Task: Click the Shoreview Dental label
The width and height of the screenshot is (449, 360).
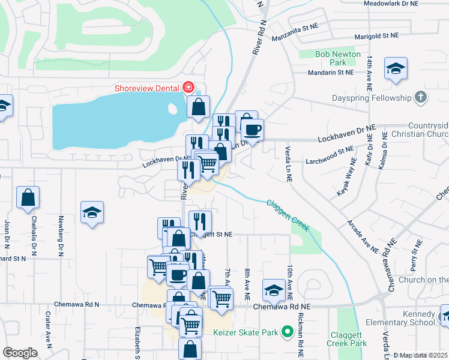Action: [x=148, y=88]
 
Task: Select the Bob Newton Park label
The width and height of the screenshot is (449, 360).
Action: [x=339, y=58]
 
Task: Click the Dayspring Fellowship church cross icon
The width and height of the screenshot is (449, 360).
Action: [x=421, y=97]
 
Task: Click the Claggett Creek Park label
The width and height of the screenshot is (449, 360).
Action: [x=346, y=340]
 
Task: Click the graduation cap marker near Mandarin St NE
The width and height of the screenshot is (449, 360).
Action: [x=396, y=68]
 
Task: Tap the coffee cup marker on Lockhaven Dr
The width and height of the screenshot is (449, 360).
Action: [x=252, y=129]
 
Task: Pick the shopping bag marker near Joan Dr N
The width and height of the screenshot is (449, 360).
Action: [x=28, y=197]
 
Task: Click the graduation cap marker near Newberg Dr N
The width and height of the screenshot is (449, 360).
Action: [x=92, y=212]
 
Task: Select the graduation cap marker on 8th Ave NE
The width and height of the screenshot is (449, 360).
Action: [x=274, y=290]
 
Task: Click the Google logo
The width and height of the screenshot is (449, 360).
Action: [x=20, y=353]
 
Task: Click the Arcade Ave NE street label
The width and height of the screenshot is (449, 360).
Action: [x=363, y=235]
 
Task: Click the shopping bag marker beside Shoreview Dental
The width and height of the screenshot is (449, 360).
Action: [x=198, y=107]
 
